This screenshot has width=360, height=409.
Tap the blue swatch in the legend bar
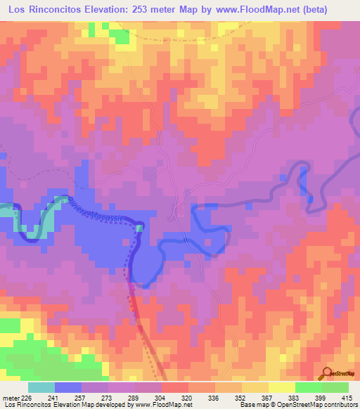(x=67, y=387)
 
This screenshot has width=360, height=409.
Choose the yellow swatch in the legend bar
(x=282, y=387)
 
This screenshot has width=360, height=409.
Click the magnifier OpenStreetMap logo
(x=327, y=373)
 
